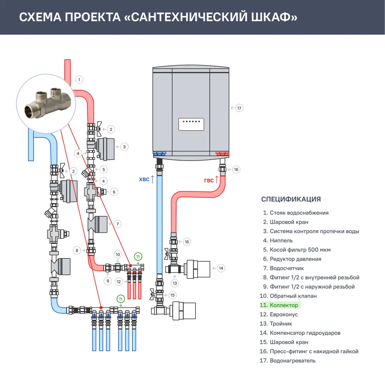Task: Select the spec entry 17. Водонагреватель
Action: coord(288,360)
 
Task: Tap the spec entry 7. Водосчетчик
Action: coord(283,268)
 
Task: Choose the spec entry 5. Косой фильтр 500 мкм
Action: coord(296,249)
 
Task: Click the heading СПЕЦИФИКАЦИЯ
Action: coord(291,199)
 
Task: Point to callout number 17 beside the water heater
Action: coord(239,108)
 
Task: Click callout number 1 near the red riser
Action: coord(79,80)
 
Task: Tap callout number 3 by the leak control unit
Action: coord(124,147)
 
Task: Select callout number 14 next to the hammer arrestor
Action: coord(221,268)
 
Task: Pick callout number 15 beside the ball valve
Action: coord(172,295)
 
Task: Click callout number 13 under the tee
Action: coord(175,283)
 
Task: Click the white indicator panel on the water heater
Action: coord(191,124)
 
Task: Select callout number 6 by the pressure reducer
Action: coord(114,191)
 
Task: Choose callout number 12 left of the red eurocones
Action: coord(119,281)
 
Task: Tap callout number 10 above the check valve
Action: coord(118,254)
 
